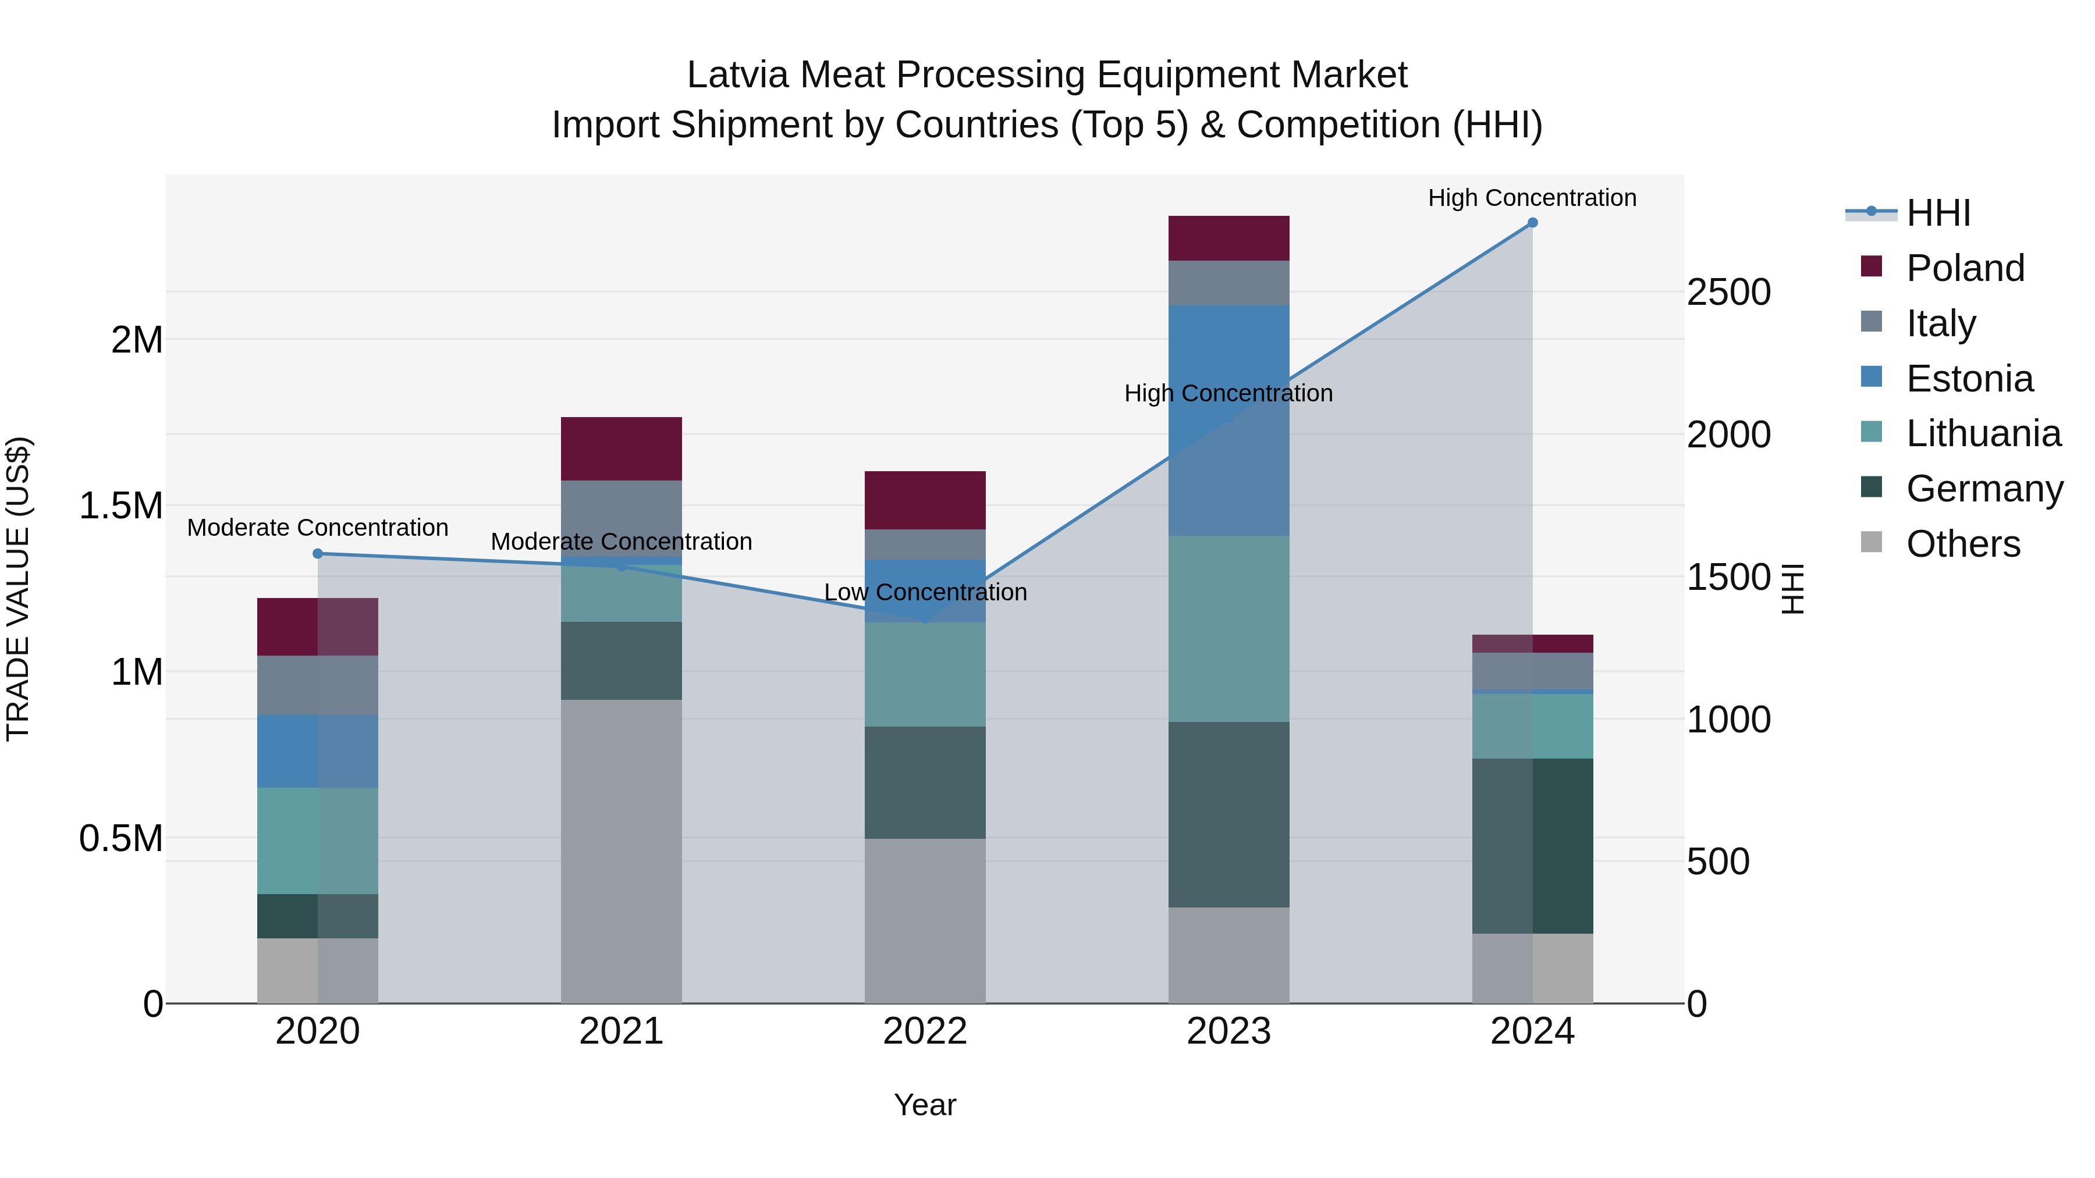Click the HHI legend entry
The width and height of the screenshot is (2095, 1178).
click(x=1937, y=213)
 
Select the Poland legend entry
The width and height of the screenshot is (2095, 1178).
click(x=1964, y=268)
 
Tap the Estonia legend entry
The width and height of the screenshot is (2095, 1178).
click(x=1969, y=379)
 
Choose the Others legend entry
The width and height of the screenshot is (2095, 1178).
click(x=1962, y=544)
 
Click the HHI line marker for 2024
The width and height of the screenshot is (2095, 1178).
click(x=1532, y=223)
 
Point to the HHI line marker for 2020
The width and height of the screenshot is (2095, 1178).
click(x=318, y=554)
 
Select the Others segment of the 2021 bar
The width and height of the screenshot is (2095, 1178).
click(x=622, y=851)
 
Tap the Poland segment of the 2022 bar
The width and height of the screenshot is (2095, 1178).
click(x=925, y=500)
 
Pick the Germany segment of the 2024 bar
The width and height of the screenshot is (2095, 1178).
click(x=1532, y=845)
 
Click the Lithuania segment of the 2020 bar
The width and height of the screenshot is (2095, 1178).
click(x=318, y=841)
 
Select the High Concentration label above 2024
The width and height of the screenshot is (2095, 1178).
click(x=1532, y=198)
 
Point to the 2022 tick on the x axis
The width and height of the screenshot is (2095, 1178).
click(x=925, y=1031)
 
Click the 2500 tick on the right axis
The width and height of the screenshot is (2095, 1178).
click(x=1728, y=293)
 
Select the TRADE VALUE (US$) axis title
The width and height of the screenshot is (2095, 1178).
click(x=18, y=589)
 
